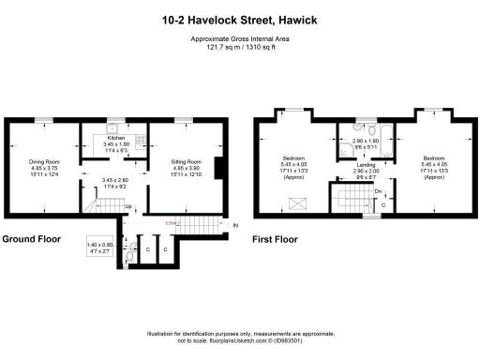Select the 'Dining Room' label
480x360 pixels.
[x=43, y=160]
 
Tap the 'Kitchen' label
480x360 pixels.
[x=117, y=138]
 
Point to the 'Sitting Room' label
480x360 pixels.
[x=185, y=160]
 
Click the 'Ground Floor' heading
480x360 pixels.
[x=31, y=239]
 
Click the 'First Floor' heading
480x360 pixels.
[x=277, y=239]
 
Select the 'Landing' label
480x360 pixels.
[x=366, y=164]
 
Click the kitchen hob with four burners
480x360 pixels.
[x=140, y=142]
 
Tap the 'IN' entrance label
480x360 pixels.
[x=235, y=225]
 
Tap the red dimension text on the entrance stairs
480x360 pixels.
[x=170, y=223]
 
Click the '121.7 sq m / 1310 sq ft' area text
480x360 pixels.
[x=239, y=47]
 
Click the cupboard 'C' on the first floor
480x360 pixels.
[x=382, y=204]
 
